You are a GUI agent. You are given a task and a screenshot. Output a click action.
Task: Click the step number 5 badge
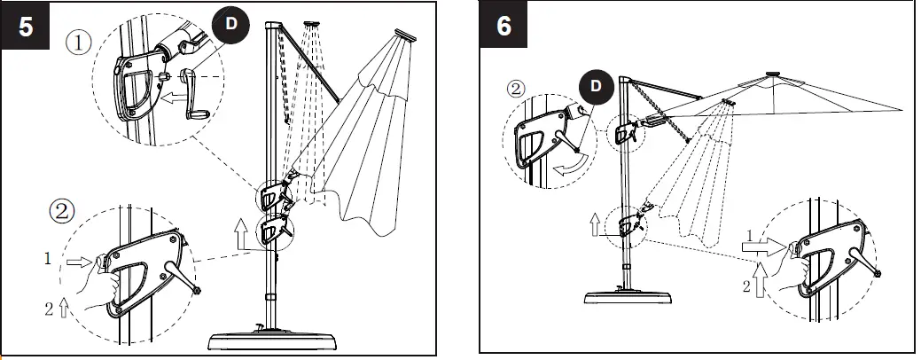point(26,26)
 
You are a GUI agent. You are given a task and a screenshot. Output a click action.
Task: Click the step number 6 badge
point(503,26)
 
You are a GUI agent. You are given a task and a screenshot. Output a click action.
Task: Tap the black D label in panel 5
point(231,22)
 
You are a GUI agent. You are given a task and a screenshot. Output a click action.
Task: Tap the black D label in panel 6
point(597,86)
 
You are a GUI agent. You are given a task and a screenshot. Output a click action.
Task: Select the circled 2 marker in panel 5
point(62,213)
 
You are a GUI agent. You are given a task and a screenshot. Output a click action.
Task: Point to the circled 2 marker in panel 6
point(517,89)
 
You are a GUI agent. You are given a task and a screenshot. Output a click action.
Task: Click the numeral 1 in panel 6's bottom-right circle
point(750,235)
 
